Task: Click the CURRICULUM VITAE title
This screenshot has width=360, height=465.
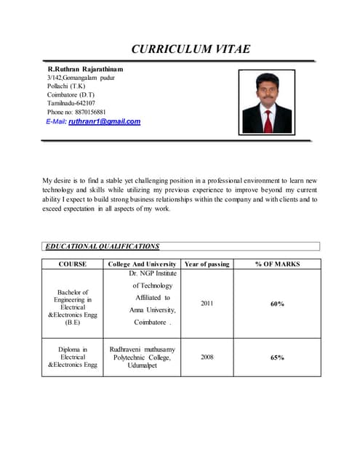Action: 191,49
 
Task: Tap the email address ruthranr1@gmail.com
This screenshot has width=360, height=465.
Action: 104,121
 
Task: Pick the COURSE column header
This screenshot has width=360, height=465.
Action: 73,264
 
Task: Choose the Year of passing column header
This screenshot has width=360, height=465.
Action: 207,264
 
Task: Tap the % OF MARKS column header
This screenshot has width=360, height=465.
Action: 277,264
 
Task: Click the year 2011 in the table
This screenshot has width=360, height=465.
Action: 207,304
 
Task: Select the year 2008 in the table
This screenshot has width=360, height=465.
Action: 207,357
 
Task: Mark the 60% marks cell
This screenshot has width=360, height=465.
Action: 277,304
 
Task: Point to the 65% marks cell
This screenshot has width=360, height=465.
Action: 277,357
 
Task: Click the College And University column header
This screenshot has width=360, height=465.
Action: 143,264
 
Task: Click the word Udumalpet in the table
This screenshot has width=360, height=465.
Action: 142,366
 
